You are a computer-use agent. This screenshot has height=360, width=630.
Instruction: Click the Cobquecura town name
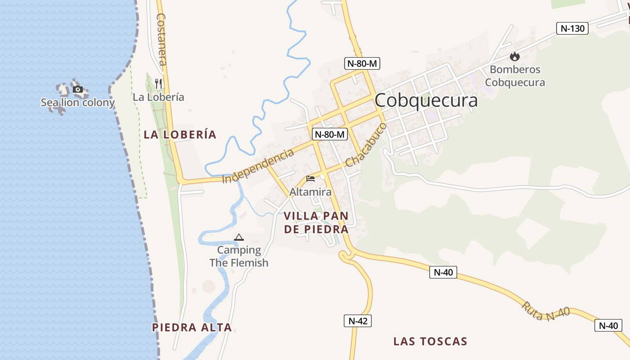coord(426,100)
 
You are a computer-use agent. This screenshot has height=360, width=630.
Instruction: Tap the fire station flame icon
coord(515,57)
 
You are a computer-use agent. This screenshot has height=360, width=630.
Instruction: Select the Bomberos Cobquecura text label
coord(515,76)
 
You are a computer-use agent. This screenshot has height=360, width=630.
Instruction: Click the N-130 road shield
coord(572,28)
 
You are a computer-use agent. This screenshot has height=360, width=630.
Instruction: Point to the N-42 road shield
coord(358,321)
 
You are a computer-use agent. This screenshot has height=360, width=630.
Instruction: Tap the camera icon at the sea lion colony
coord(78,89)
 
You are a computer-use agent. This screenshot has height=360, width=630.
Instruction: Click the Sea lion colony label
coord(78,103)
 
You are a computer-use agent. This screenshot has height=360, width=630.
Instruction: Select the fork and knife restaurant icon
coord(158,83)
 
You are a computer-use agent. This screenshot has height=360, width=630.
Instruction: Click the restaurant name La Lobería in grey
coord(158,97)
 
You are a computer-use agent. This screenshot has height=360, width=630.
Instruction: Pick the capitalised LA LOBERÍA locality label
coord(180,134)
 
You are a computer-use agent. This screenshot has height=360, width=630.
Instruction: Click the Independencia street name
coord(258,166)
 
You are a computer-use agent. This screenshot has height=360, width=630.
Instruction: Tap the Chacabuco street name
coord(366,145)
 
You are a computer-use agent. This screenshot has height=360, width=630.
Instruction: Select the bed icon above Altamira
coord(310,179)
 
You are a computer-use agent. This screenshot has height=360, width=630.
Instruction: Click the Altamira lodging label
coord(310,192)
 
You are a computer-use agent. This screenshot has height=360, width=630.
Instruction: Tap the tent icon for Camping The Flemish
coord(238,237)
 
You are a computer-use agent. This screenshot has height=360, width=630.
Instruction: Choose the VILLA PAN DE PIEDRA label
coord(316,222)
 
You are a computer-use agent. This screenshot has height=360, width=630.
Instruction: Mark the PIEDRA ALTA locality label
coord(192,327)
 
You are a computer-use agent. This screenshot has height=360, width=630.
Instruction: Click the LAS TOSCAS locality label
coord(430,341)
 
